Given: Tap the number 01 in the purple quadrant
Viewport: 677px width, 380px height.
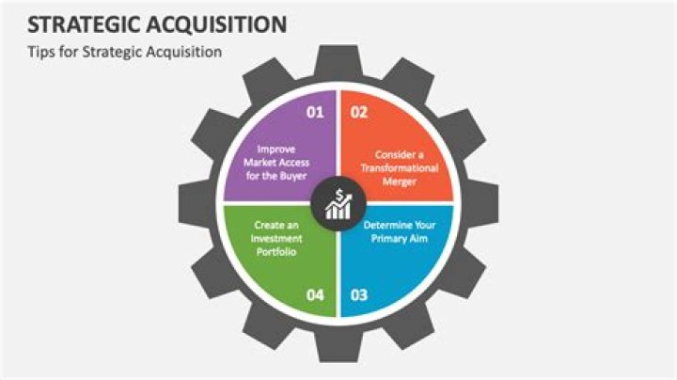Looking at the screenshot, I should pos(315,112).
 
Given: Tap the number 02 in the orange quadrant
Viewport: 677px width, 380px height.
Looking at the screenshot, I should pos(358,112).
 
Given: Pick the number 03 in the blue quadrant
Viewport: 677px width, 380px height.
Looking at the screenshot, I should pos(358,295).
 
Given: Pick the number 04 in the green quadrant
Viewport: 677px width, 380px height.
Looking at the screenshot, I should pos(315,295).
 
